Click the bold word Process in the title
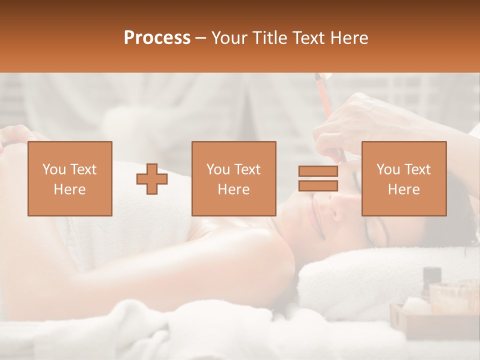(157, 38)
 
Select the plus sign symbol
(152, 178)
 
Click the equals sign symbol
(318, 178)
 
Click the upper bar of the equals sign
(318, 171)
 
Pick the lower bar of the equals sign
(318, 185)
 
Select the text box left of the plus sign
(69, 178)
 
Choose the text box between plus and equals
(233, 178)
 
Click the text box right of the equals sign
(403, 178)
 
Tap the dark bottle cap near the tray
(431, 274)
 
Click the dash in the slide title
(201, 38)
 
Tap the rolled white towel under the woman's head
(370, 280)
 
